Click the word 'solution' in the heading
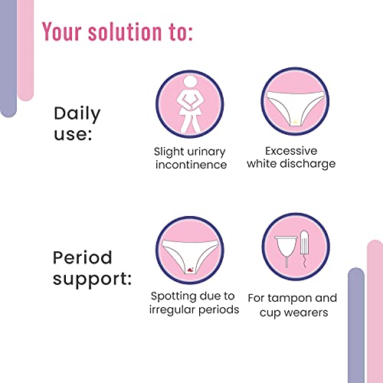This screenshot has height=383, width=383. tap(125, 31)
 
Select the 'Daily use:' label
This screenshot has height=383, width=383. tap(77, 123)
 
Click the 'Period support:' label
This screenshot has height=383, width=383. tap(92, 268)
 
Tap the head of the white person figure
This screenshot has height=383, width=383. tap(190, 82)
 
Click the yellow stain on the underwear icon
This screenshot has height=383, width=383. tap(296, 122)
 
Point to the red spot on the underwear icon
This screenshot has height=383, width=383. tap(191, 270)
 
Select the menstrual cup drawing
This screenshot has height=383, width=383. tap(286, 251)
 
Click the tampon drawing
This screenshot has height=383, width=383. tap(304, 243)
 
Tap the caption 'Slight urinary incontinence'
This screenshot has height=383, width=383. tap(190, 158)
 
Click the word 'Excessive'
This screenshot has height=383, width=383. tap(291, 151)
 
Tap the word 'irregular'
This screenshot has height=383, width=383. tap(172, 310)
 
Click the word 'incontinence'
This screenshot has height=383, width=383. tap(191, 165)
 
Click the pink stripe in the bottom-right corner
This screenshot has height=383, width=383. tap(375, 312)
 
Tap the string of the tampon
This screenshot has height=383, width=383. tap(303, 261)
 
